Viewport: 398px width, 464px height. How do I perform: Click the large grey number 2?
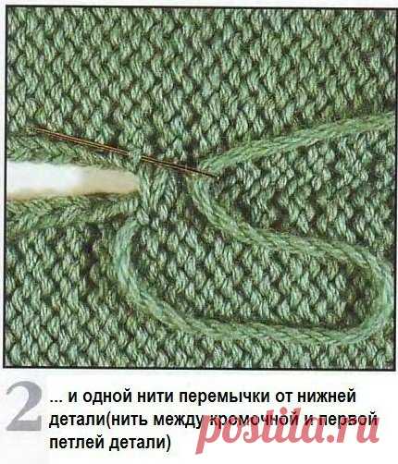24,407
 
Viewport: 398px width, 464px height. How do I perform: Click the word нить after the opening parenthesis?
131,421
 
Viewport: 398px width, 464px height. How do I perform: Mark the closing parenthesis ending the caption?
168,444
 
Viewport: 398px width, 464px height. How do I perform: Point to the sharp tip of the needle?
218,177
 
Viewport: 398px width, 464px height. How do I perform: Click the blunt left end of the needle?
29,128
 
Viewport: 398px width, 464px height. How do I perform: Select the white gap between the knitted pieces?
72,180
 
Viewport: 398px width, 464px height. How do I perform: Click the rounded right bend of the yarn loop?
386,296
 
